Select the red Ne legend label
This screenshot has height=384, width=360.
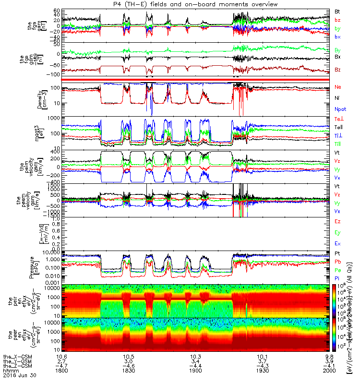338,87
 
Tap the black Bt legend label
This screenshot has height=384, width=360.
337,10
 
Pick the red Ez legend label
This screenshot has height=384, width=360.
338,222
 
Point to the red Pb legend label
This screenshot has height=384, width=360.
338,262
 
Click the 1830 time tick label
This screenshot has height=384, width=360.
128,371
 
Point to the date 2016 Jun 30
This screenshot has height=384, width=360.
17,376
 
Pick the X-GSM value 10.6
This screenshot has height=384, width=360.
61,356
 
